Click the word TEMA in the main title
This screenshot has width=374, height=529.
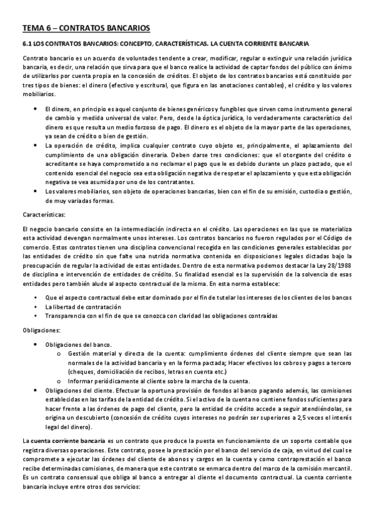coord(33,28)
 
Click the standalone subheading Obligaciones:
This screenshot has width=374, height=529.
coord(42,329)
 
